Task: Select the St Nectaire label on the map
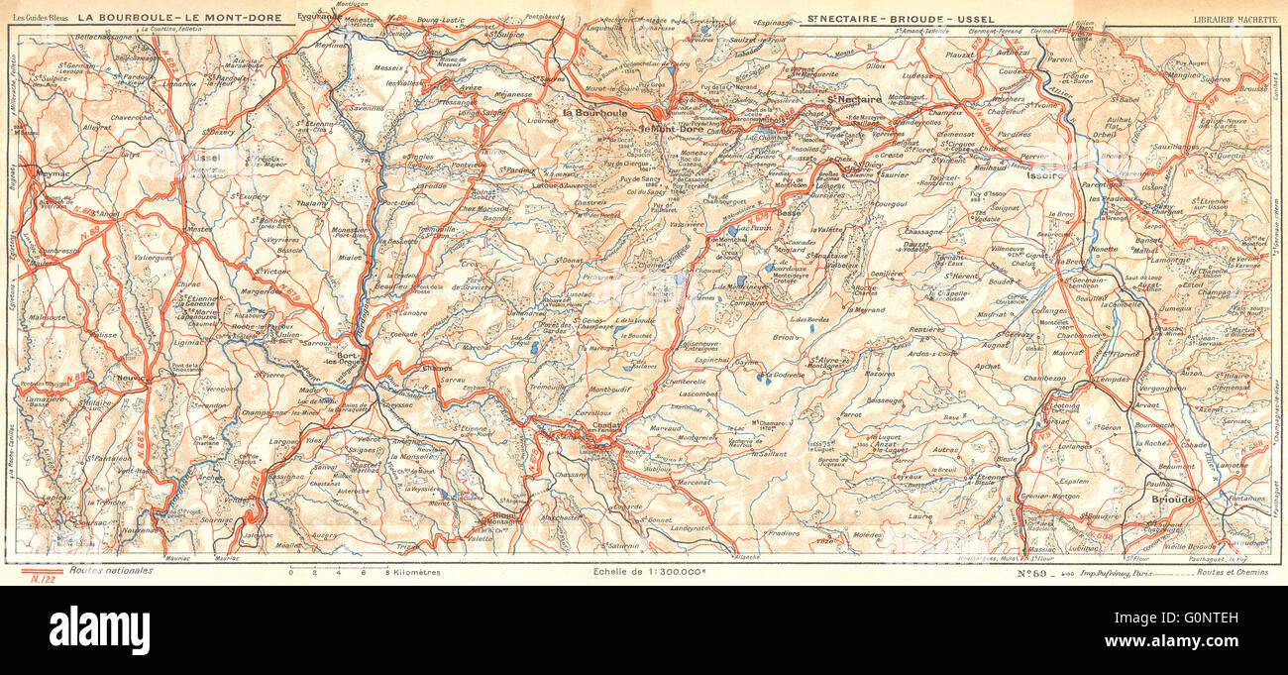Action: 855,100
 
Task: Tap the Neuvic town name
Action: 130,378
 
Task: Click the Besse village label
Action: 789,212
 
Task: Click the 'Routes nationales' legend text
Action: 112,571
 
